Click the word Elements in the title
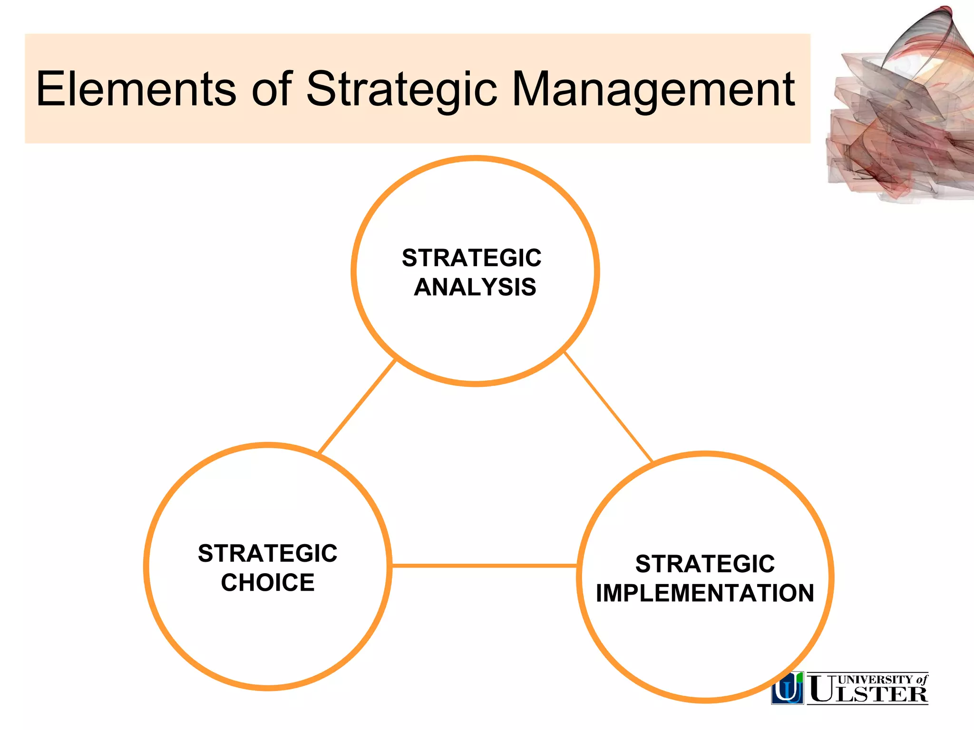[136, 89]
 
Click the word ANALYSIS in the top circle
[475, 287]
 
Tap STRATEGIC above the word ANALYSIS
[471, 258]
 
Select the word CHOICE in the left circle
[268, 583]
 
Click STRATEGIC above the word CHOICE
[268, 554]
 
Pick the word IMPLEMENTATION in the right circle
[705, 593]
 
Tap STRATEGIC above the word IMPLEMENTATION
[705, 564]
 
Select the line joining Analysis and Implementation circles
[608, 407]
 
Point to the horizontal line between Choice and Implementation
[484, 566]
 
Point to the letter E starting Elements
[50, 89]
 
